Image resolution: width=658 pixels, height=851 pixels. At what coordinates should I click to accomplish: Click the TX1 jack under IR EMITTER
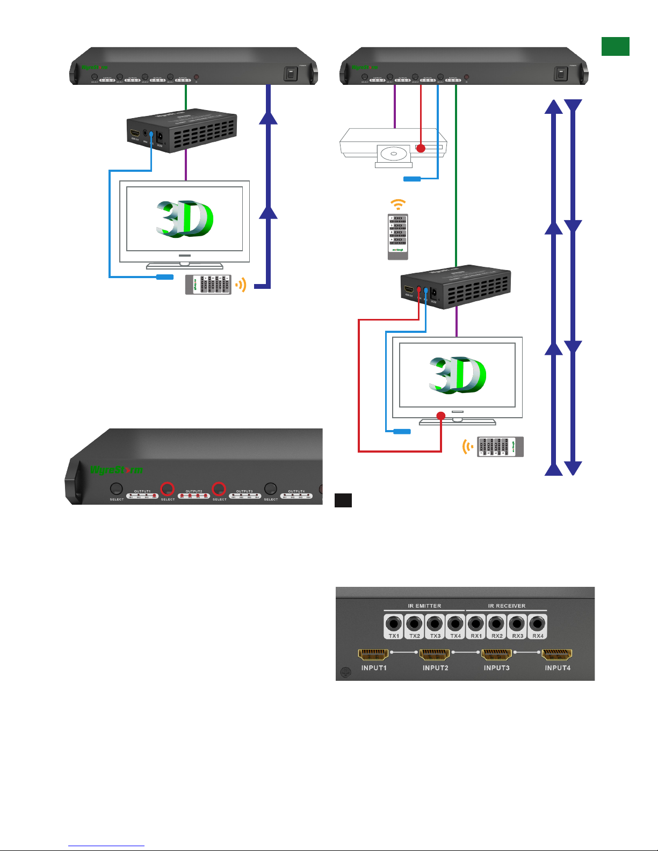[x=394, y=624]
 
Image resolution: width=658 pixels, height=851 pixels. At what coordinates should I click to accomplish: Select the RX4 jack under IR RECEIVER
[x=538, y=624]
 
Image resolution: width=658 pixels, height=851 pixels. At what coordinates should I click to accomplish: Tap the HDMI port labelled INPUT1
[x=373, y=654]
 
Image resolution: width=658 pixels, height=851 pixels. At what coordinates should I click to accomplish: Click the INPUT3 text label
[x=496, y=668]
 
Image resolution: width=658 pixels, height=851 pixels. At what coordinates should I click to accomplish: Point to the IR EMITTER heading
[x=424, y=606]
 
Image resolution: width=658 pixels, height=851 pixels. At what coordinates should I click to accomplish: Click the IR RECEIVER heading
[x=507, y=606]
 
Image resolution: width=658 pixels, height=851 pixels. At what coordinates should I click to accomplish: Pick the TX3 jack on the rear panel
[x=435, y=624]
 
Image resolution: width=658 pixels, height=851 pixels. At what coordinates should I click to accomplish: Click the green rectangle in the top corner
[x=615, y=47]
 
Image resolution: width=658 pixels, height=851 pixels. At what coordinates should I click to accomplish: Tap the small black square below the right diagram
[x=343, y=500]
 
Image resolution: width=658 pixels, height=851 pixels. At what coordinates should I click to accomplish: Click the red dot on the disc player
[x=421, y=148]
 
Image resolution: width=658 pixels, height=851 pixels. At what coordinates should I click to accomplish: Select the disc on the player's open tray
[x=395, y=154]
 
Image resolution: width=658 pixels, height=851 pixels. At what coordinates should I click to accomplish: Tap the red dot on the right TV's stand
[x=441, y=416]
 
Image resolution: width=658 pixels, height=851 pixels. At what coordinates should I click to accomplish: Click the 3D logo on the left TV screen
[x=184, y=219]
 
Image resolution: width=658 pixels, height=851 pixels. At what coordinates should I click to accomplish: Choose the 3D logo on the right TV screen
[x=457, y=375]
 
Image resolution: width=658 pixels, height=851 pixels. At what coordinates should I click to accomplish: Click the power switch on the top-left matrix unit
[x=291, y=74]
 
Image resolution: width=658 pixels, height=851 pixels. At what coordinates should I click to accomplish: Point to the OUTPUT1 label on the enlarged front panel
[x=142, y=491]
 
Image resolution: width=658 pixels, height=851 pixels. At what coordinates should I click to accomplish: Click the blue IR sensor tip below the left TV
[x=164, y=277]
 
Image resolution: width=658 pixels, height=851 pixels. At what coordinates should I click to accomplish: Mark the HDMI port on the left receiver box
[x=135, y=133]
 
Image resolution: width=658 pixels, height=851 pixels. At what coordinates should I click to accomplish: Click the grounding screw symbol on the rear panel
[x=346, y=672]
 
